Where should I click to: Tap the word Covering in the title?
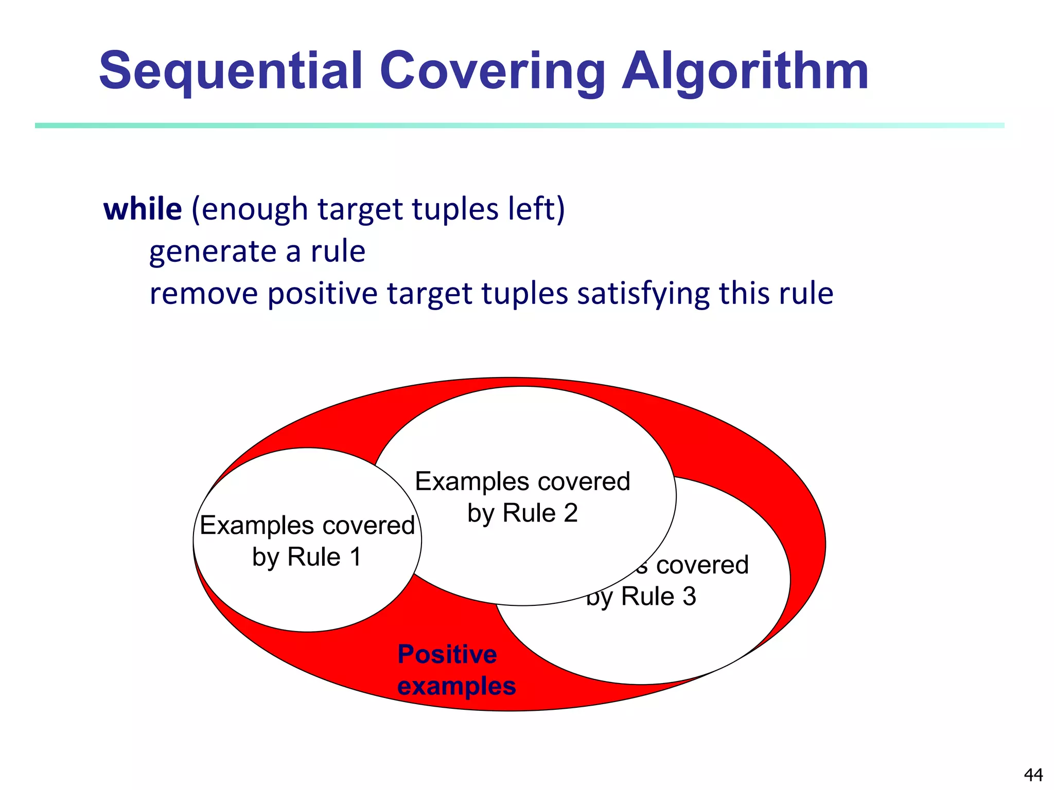coord(492,72)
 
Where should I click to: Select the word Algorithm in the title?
coord(745,72)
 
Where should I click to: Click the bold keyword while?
coord(143,209)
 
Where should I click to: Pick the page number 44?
coord(1033,775)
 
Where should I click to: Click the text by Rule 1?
coord(307,558)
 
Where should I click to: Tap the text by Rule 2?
coord(522,513)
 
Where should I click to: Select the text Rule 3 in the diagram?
coord(658,597)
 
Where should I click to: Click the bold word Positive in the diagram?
coord(447,655)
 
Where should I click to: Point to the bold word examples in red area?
coord(456,686)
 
